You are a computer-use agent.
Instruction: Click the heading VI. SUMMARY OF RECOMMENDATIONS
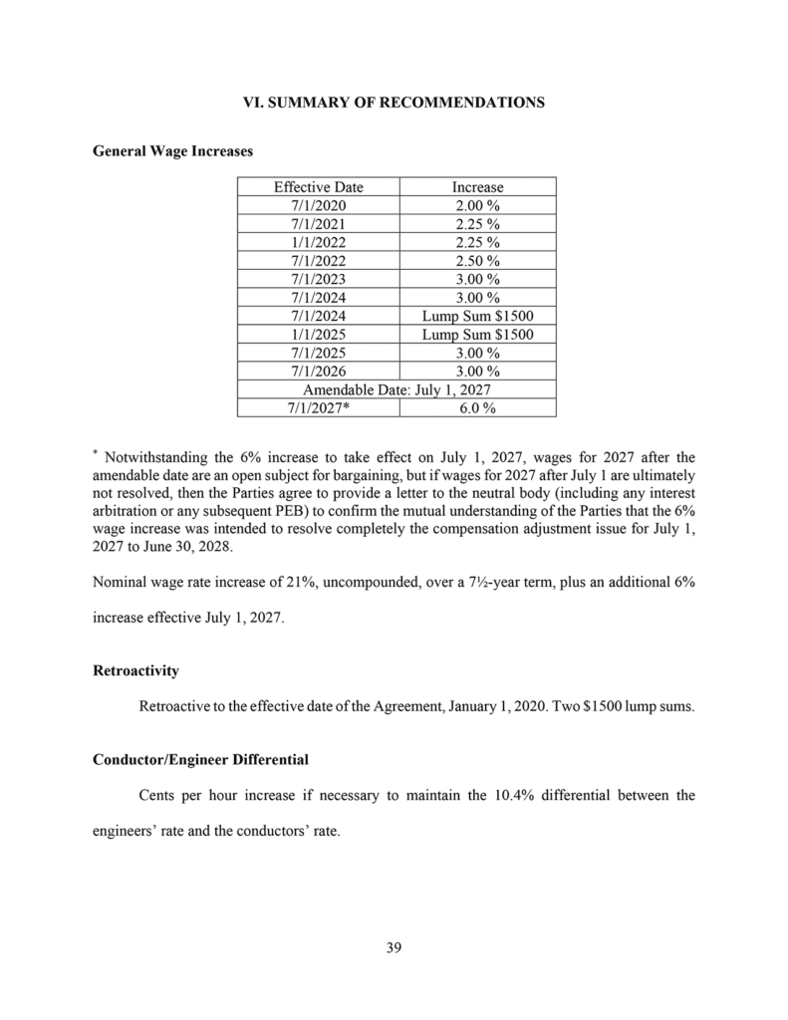[x=394, y=103]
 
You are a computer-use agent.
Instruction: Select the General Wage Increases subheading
[x=172, y=150]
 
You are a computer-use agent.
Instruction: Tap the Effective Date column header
[x=318, y=187]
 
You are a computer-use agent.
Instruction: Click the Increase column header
[x=477, y=187]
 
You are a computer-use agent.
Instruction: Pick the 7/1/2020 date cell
[x=318, y=205]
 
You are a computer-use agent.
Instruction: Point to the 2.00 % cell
[x=477, y=205]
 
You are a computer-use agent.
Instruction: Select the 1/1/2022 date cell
[x=318, y=242]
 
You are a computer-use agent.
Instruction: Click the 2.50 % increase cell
[x=477, y=260]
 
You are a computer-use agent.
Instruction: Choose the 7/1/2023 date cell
[x=318, y=279]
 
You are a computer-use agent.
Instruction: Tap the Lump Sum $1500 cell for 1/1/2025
[x=477, y=334]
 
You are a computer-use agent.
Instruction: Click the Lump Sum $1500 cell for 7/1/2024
[x=477, y=316]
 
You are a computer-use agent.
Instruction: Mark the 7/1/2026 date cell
[x=318, y=371]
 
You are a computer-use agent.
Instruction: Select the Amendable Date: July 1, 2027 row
[x=396, y=388]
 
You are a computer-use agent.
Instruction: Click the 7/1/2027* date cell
[x=318, y=407]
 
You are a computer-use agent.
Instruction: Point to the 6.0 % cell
[x=477, y=407]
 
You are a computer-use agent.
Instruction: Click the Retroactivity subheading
[x=135, y=671]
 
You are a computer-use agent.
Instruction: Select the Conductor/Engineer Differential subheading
[x=200, y=759]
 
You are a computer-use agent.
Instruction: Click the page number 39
[x=394, y=946]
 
